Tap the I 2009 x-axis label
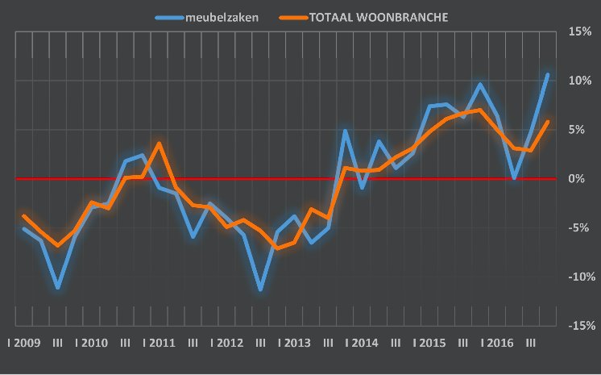[23, 343]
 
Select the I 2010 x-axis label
[91, 343]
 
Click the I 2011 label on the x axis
[159, 343]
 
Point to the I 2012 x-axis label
[226, 343]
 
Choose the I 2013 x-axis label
[294, 343]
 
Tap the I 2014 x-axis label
[362, 343]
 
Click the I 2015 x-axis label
[429, 343]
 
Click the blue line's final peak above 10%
[548, 75]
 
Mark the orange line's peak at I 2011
[159, 144]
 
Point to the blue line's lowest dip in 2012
[260, 289]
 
